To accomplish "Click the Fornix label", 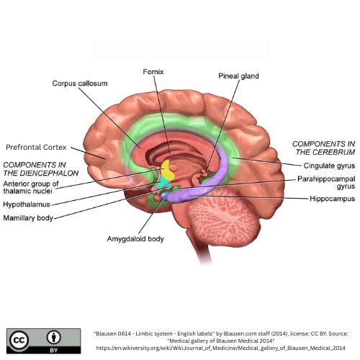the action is click(x=153, y=72).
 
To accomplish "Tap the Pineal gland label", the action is click(x=238, y=76).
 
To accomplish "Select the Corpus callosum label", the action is click(x=80, y=84).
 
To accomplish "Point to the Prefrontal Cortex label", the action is click(x=36, y=147).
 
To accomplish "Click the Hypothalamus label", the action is click(x=27, y=204).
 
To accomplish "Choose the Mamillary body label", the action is click(x=28, y=218).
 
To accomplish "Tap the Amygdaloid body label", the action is click(x=135, y=239).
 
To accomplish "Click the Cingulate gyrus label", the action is click(x=329, y=166).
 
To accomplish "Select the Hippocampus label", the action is click(x=332, y=199).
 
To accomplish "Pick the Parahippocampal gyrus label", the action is click(x=326, y=183).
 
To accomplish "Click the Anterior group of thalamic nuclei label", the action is click(x=31, y=187).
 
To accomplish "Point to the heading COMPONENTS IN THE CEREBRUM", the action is click(x=323, y=148).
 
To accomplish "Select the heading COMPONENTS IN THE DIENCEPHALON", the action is click(x=41, y=169).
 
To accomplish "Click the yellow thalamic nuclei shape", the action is click(x=168, y=171).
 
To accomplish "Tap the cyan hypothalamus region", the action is click(x=162, y=183).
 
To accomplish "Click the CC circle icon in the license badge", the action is click(x=19, y=341).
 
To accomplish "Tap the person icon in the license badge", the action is click(x=54, y=337).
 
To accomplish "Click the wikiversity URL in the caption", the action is click(x=221, y=348).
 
